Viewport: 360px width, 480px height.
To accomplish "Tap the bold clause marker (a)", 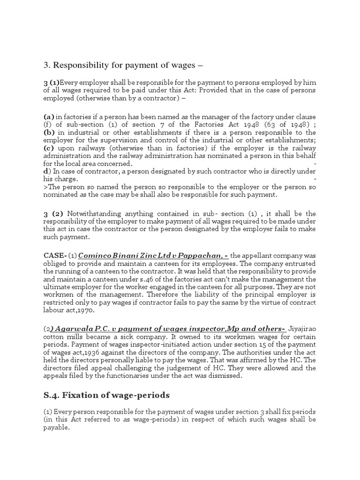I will (x=49, y=117).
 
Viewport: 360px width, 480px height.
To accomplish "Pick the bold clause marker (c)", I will (x=49, y=148).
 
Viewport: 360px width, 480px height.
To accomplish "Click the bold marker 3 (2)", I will (x=52, y=214).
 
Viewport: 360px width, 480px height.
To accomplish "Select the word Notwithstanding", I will (x=97, y=214).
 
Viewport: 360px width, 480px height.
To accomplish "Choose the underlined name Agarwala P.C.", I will (x=77, y=329).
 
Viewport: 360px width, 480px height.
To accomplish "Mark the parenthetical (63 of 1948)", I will (x=283, y=125).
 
